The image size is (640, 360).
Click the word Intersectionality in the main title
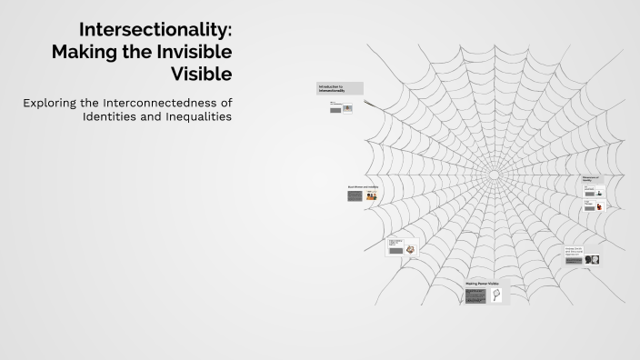click(x=155, y=30)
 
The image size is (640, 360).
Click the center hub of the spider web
click(x=495, y=174)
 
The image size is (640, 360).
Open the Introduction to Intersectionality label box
click(x=340, y=88)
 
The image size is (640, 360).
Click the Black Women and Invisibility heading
click(x=362, y=186)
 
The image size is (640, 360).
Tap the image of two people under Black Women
click(x=371, y=195)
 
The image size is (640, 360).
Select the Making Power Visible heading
click(x=482, y=284)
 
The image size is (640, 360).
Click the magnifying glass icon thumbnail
click(x=496, y=295)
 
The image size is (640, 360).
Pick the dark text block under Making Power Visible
click(x=475, y=296)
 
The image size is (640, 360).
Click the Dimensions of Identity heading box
click(x=593, y=180)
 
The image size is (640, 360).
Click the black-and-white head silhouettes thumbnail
click(x=593, y=260)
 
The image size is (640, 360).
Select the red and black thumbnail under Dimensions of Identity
click(x=599, y=206)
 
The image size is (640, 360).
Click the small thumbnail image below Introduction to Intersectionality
click(x=347, y=108)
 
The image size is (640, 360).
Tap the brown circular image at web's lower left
click(x=411, y=249)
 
